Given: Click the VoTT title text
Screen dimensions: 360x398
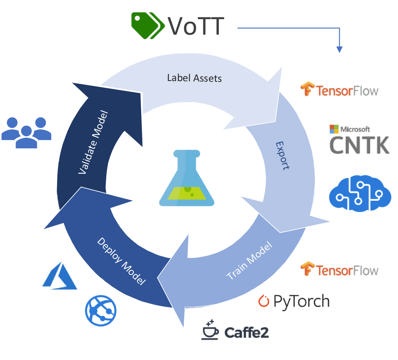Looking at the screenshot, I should pos(196,26).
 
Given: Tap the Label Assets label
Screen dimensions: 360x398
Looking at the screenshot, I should pos(194,78).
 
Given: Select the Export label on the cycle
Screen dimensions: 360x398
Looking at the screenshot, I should pos(283,155).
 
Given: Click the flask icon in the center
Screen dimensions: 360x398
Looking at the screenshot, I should pos(185,178).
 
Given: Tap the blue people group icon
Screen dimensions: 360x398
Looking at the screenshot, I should pos(26,132).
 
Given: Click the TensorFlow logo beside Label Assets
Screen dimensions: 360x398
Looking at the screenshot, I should pos(339,90).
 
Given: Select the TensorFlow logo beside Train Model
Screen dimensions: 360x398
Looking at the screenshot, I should pos(339,269).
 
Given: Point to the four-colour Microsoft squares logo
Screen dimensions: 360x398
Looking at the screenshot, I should pos(334,129).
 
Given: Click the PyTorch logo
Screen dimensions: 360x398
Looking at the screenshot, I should pos(294,301).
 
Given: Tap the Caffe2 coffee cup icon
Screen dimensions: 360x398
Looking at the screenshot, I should pos(210,329).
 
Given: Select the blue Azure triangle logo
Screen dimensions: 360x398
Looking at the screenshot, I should pos(60,276).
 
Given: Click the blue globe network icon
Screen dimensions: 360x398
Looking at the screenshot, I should pos(101,310).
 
